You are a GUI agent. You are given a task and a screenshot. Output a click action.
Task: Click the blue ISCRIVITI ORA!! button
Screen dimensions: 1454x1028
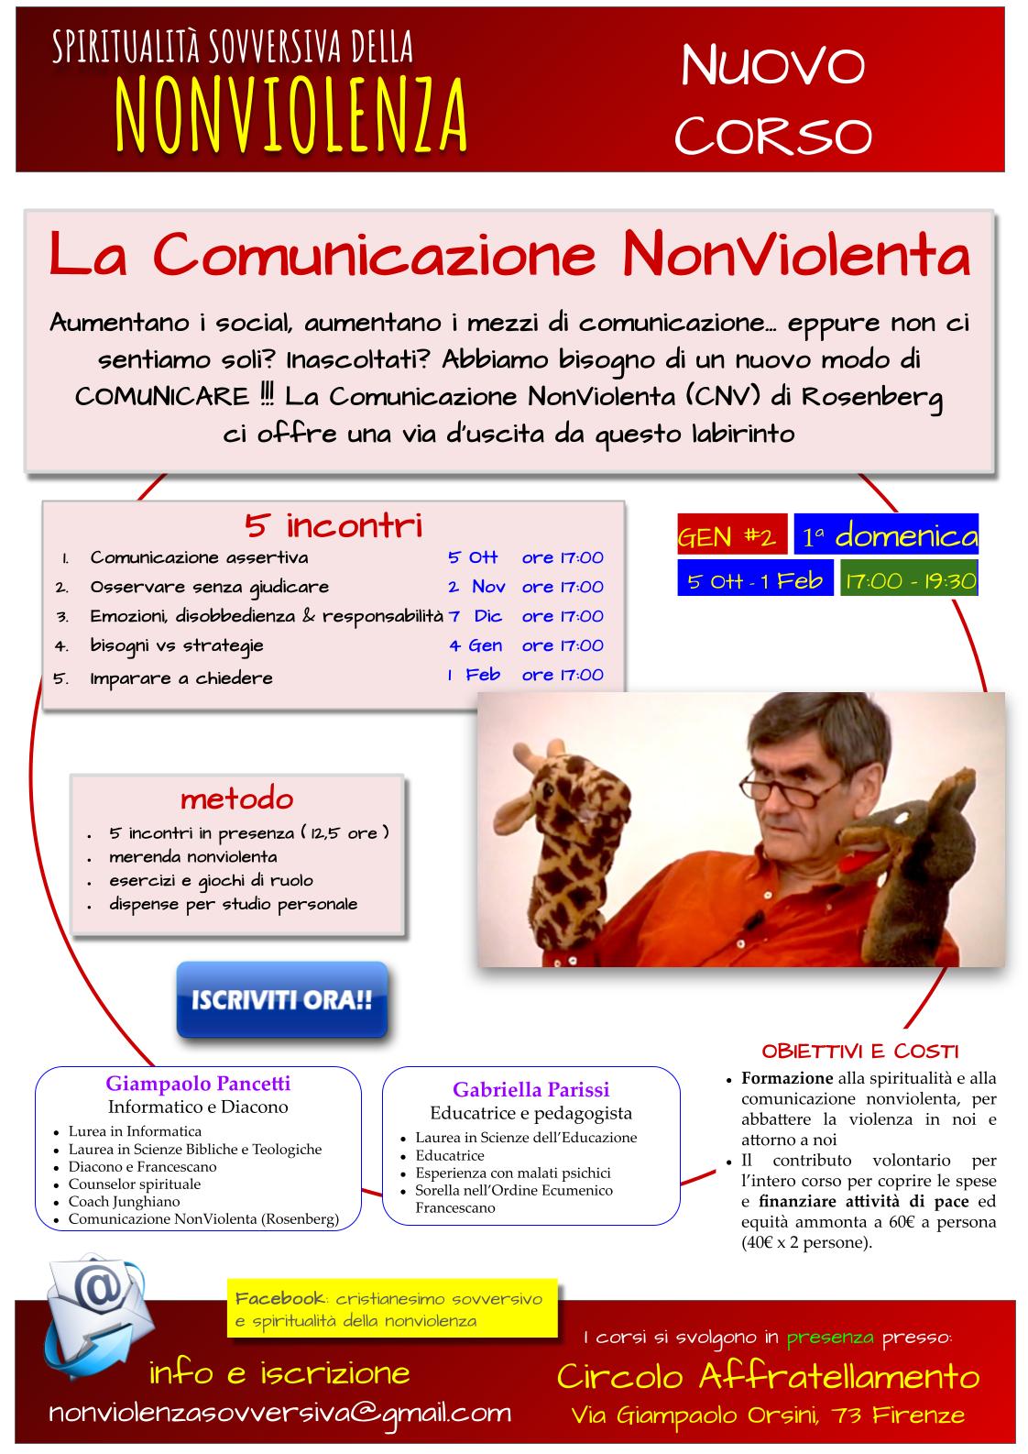(x=281, y=999)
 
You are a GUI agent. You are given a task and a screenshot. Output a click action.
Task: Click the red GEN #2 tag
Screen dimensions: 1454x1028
(x=731, y=537)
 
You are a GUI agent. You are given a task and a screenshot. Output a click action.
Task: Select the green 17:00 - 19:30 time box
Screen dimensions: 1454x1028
(x=909, y=581)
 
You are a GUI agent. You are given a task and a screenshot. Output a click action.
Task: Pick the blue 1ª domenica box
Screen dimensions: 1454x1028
(x=886, y=536)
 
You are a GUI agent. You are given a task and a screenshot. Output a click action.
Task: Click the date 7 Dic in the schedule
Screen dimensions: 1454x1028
(x=476, y=616)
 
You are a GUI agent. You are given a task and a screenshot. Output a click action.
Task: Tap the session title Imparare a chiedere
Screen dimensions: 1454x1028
(x=181, y=678)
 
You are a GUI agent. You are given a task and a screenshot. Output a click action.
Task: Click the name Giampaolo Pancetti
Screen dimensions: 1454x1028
(x=198, y=1084)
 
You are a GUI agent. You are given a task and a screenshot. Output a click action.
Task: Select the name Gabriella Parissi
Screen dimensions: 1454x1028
(x=530, y=1090)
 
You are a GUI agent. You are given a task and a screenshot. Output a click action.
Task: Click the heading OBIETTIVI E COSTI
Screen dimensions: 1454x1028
(x=860, y=1051)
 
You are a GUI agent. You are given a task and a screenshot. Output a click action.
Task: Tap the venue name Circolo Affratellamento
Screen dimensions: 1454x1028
(x=768, y=1376)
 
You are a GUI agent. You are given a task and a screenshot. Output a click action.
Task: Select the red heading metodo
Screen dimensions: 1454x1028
(x=236, y=799)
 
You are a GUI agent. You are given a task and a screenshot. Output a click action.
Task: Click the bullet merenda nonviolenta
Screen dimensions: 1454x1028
(x=192, y=857)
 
